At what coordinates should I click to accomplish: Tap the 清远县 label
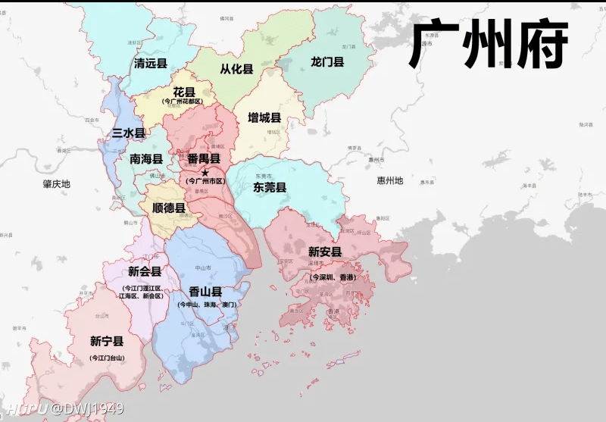coord(150,64)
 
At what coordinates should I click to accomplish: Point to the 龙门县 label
coord(327,61)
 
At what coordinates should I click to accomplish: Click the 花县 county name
coord(184,92)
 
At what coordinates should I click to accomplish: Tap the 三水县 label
coord(129,133)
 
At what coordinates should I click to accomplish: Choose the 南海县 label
coord(146,159)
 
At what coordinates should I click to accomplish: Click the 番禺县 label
coord(204,159)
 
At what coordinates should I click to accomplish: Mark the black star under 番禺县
coord(205,172)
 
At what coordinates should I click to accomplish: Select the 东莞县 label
coord(270,187)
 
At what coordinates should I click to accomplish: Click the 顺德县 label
coord(168,208)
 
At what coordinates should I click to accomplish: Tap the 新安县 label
coord(325,252)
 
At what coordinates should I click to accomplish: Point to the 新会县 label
coord(145,271)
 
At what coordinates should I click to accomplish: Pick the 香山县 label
coord(205,292)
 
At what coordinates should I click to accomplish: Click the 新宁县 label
coord(107,341)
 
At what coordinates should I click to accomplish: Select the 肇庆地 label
coord(56,184)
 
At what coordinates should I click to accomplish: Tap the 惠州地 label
coord(390,181)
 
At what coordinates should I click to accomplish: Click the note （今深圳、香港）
coord(333,277)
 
